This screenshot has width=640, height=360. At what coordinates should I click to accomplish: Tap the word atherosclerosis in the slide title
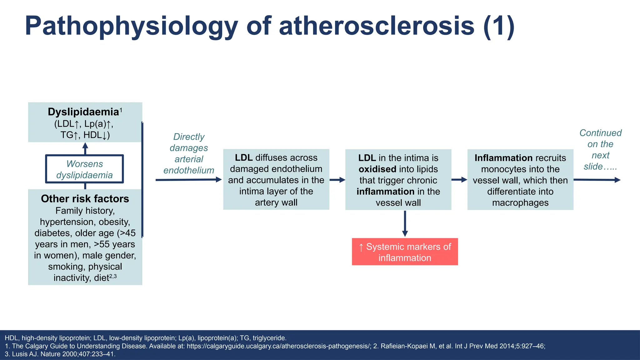[x=377, y=26]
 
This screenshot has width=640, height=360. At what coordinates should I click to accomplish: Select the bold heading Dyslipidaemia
[x=83, y=112]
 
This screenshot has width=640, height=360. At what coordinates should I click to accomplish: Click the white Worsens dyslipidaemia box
[x=84, y=169]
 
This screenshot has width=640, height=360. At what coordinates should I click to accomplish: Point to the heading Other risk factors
[x=85, y=199]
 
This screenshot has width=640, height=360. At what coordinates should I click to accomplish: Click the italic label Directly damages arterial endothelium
[x=189, y=153]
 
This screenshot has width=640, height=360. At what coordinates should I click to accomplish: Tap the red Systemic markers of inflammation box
[x=405, y=252]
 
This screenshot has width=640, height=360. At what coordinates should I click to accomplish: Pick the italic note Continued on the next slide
[x=600, y=150]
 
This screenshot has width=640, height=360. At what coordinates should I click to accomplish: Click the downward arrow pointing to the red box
[x=405, y=223]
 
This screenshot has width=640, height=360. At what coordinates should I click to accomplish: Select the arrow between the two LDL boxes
[x=337, y=180]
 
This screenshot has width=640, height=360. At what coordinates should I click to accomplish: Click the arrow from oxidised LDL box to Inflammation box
[x=459, y=180]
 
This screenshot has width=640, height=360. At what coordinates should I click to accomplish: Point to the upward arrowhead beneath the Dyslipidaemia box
[x=85, y=146]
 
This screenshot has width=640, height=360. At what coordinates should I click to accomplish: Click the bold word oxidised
[x=377, y=169]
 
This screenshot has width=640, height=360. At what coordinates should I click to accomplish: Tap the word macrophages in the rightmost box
[x=520, y=203]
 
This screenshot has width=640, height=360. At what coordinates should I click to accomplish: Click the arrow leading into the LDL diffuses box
[x=188, y=180]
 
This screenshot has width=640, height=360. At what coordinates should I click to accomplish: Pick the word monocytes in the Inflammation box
[x=501, y=169]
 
